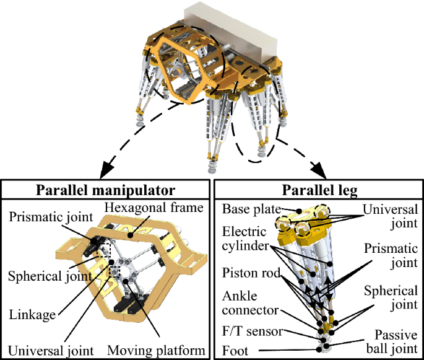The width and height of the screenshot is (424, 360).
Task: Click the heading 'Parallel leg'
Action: pos(316,189)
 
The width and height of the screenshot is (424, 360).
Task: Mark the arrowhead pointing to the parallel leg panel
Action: pos(322,169)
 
